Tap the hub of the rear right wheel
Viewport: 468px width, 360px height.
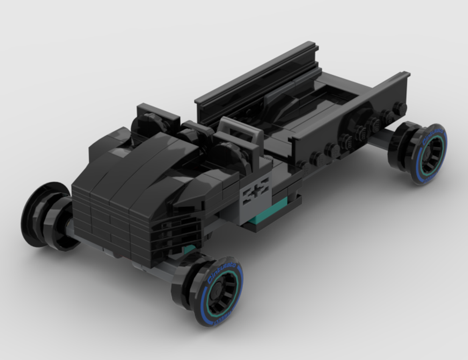(x=428, y=154)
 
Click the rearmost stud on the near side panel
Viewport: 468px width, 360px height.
(x=399, y=108)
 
